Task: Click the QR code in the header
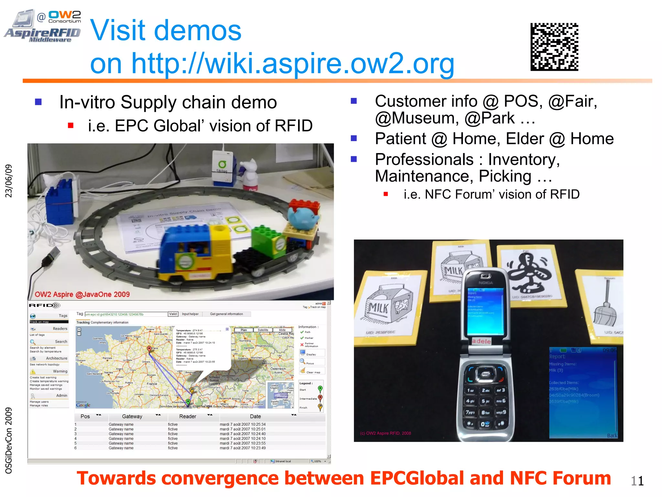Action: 554,47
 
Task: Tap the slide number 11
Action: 637,481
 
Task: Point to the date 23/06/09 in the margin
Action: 9,181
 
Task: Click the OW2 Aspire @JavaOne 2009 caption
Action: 82,294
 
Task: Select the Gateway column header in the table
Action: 132,416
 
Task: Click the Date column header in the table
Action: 255,416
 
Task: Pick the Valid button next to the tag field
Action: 173,314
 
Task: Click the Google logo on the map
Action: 83,405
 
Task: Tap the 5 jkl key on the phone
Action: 485,401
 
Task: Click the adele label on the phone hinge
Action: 481,341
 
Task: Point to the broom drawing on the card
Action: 605,308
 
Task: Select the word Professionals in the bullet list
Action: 424,160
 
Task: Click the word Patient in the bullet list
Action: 400,139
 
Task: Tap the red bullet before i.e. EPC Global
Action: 71,126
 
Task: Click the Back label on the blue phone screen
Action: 612,436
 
